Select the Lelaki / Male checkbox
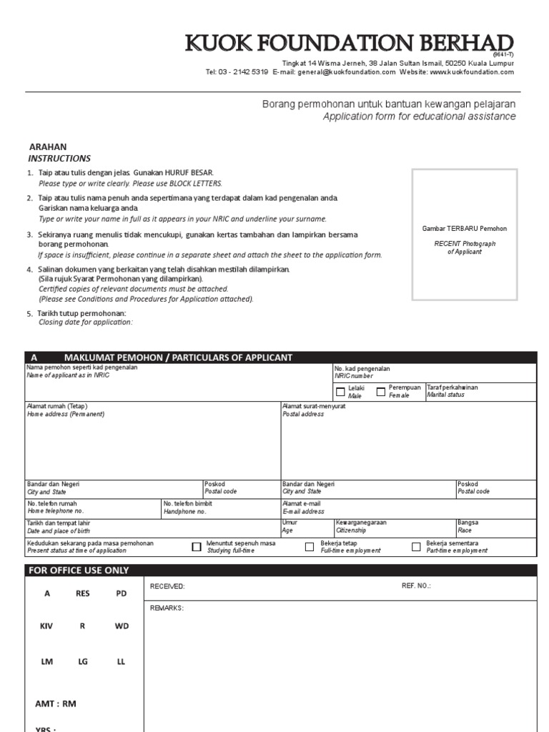click(x=340, y=391)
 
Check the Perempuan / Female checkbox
click(x=381, y=391)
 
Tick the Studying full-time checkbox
click(x=197, y=547)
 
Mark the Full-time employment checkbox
click(x=310, y=547)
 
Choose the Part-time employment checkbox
click(x=416, y=547)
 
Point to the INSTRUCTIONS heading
click(x=59, y=158)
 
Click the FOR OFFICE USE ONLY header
click(x=79, y=570)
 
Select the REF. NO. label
click(x=416, y=586)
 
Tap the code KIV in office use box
click(x=46, y=625)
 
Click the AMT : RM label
click(x=56, y=703)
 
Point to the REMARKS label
click(x=167, y=608)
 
